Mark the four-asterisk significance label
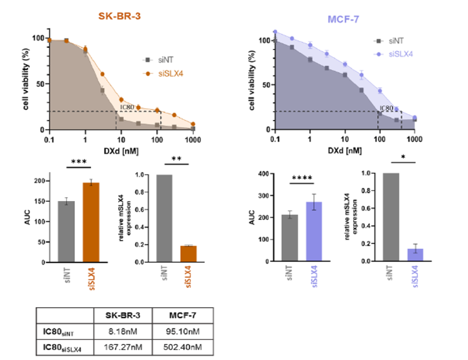click(306, 180)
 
